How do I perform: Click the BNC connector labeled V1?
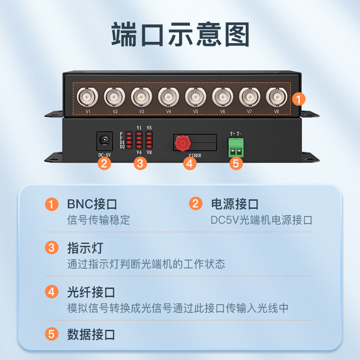click(x=87, y=97)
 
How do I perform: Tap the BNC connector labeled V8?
click(x=276, y=97)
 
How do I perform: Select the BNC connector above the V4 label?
click(x=168, y=97)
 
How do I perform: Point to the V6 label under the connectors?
click(x=222, y=111)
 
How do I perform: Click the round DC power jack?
click(x=105, y=140)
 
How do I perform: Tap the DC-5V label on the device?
click(x=105, y=155)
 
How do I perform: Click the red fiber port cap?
click(x=183, y=143)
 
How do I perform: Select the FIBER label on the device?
click(x=195, y=155)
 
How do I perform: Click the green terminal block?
click(x=236, y=148)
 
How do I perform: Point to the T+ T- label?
click(x=235, y=134)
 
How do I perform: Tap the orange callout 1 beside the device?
click(x=298, y=99)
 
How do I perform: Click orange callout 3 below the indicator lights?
click(x=140, y=164)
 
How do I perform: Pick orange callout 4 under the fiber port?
click(x=189, y=164)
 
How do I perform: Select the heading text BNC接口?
click(x=92, y=204)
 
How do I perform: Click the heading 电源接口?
click(x=235, y=204)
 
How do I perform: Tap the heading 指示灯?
click(x=85, y=248)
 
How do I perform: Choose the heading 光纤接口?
click(x=91, y=292)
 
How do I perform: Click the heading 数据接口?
click(x=91, y=334)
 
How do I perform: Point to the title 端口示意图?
click(x=180, y=35)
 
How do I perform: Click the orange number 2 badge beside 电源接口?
click(x=196, y=204)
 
